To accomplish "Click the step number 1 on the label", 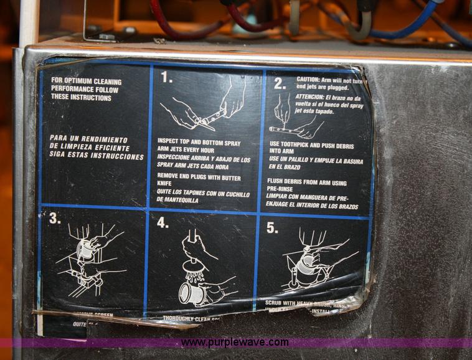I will (x=167, y=77).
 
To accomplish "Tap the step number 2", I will (x=279, y=83).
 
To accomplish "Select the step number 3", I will (x=54, y=218).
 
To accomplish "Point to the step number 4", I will (x=163, y=223).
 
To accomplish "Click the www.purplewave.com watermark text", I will (x=235, y=343).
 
